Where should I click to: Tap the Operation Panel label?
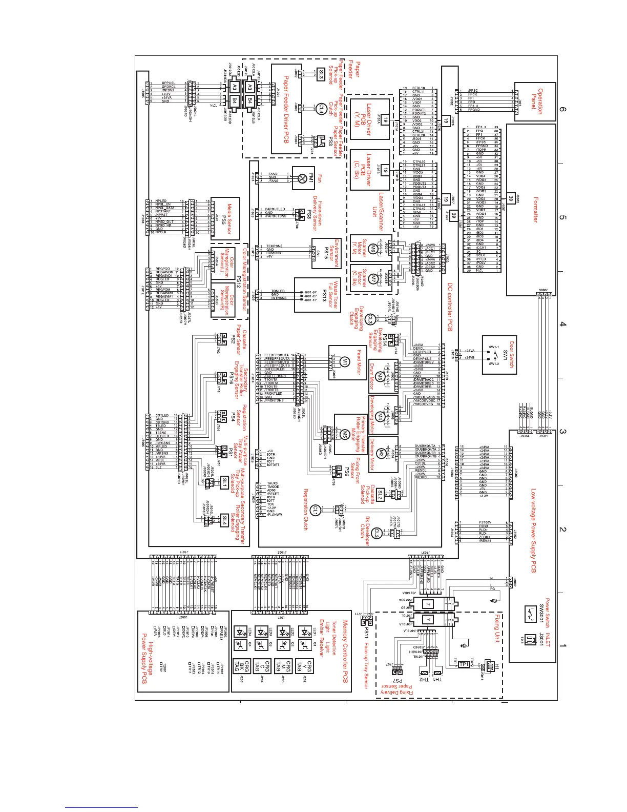point(537,97)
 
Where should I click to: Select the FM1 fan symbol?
point(303,177)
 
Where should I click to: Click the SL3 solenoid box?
point(321,74)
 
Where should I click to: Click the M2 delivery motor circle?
point(381,453)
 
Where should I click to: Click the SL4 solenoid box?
point(224,520)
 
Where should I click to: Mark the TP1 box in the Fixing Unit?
point(464,664)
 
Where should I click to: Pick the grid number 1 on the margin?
point(563,645)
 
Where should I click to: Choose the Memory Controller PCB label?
point(345,651)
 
